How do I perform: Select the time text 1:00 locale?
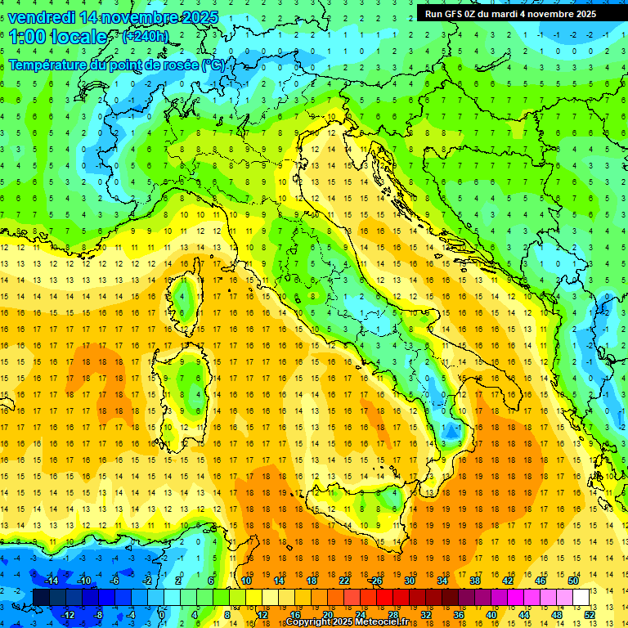pos(58,37)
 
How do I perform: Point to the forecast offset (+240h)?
pos(146,37)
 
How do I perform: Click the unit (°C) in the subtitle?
pos(213,65)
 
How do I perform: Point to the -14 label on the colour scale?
pos(51,581)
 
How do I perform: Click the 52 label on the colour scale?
pos(590,614)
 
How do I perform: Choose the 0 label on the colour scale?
pos(162,614)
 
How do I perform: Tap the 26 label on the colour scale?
pos(377,581)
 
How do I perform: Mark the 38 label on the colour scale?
pos(475,581)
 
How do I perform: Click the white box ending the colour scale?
pos(581,597)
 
